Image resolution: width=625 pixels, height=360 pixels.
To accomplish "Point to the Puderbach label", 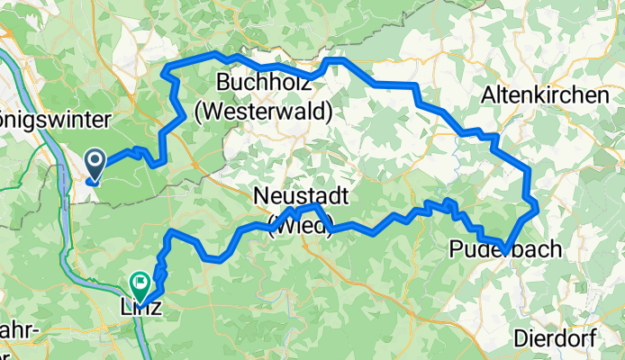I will click(504, 249).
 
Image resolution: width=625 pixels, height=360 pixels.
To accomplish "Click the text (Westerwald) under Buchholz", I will click(264, 112).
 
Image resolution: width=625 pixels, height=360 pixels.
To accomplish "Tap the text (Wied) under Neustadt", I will click(301, 225).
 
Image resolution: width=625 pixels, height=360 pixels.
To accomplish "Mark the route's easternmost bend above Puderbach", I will click(537, 206).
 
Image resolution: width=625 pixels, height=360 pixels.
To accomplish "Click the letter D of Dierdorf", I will click(520, 338).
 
